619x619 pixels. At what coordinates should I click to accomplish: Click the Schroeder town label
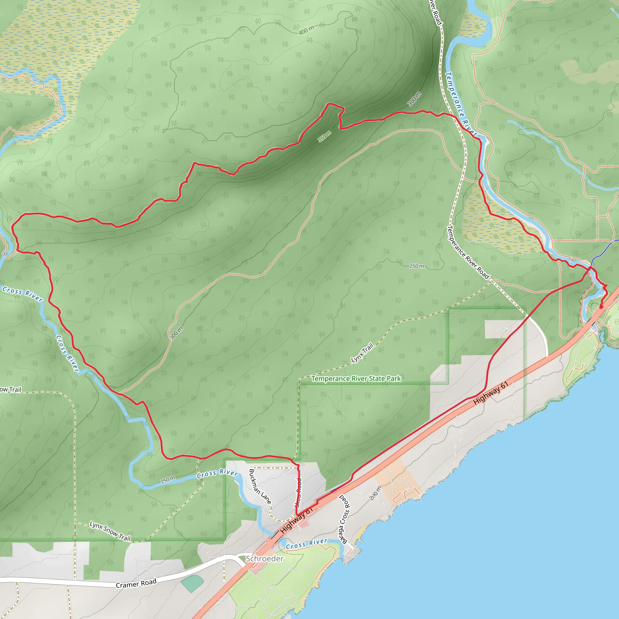click(x=264, y=559)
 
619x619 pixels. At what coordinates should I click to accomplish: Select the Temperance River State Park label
click(x=356, y=379)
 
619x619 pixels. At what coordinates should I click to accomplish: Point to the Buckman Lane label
click(x=260, y=487)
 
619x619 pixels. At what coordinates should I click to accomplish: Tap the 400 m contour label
click(x=306, y=31)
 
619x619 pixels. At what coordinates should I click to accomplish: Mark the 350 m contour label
click(x=324, y=137)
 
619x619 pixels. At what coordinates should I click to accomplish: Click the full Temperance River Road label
click(x=468, y=252)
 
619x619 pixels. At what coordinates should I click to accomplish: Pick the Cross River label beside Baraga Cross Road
click(x=306, y=543)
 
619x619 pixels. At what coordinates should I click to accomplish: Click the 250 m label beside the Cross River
click(x=168, y=480)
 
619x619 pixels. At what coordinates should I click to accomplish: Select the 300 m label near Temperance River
click(x=414, y=99)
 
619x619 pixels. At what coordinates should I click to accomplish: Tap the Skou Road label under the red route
click(x=298, y=493)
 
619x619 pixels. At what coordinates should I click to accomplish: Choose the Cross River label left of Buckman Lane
click(x=217, y=473)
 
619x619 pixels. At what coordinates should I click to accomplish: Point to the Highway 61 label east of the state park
click(x=491, y=393)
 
